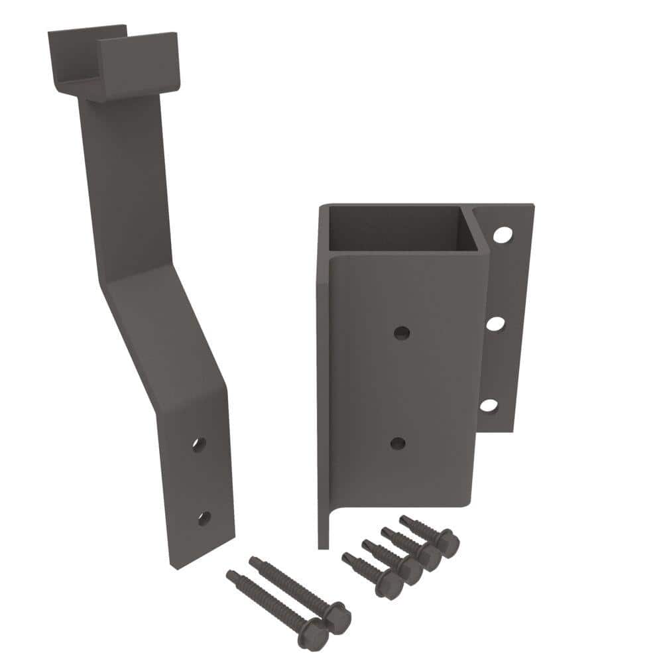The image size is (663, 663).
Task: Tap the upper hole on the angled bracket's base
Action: pos(198,444)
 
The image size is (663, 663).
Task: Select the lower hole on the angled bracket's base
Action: pos(204,518)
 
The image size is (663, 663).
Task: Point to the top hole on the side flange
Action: pos(503,235)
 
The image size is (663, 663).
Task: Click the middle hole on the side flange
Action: pos(496,324)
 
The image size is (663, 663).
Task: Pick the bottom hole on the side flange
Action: pos(489,404)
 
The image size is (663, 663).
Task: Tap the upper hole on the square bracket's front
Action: pos(401,333)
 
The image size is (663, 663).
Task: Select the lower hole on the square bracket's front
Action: pos(398,443)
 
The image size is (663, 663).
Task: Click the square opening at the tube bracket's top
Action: pos(398,229)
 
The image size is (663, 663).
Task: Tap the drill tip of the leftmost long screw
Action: pos(230,574)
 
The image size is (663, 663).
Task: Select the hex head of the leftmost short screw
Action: pos(391,584)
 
